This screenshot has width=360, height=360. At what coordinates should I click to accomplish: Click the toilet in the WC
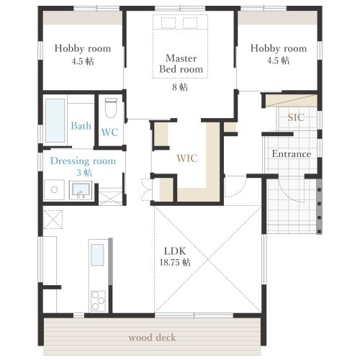coord(111,108)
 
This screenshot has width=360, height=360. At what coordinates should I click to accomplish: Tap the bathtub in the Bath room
coord(55,120)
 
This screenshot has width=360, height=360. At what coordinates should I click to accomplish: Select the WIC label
coord(187,158)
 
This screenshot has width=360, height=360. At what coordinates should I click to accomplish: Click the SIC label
coord(296,117)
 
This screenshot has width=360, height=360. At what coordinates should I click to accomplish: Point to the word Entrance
coord(292,154)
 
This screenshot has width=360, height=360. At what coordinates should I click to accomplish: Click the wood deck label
coord(152,338)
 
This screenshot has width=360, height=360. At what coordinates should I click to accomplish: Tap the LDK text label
coord(175,251)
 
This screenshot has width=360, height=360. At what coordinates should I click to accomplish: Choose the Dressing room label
coord(83,161)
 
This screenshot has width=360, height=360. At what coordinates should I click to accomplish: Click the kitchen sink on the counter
coord(97,255)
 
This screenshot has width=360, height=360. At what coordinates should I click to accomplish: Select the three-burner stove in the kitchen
coord(98,301)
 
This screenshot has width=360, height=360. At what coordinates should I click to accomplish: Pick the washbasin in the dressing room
coord(81,190)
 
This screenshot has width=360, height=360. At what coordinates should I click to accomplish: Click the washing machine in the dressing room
coord(54,189)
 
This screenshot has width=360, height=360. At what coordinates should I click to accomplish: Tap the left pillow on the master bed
coord(168,23)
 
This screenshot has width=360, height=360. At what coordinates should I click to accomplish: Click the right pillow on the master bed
coord(190,23)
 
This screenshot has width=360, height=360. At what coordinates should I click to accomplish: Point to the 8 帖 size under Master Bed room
coord(180,87)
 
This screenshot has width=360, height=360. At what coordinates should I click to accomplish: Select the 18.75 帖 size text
coord(175,262)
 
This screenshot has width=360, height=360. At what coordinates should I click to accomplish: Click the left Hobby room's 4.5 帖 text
coord(83,61)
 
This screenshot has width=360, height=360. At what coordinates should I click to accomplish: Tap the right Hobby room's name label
coord(279,48)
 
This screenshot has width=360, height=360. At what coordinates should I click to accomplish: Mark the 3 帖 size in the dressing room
coord(84,173)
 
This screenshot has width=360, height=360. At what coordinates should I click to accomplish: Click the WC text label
coord(109,132)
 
